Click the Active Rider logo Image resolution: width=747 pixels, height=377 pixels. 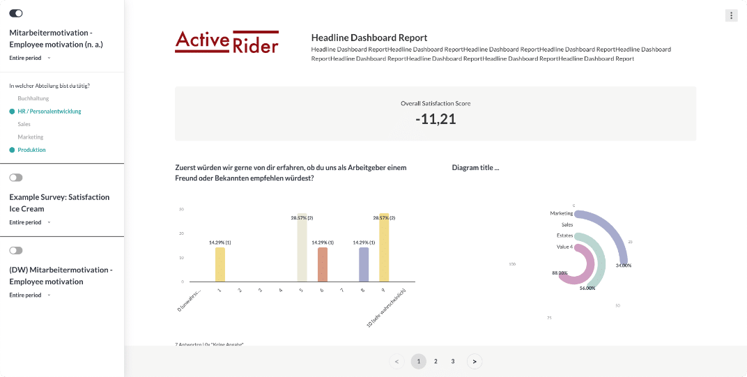tap(226, 42)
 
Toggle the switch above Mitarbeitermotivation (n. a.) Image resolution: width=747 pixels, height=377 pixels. tap(16, 13)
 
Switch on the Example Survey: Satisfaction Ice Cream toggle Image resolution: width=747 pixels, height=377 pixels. tap(16, 178)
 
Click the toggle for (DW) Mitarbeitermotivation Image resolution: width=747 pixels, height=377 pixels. tap(16, 250)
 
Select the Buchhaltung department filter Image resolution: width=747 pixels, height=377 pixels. tap(33, 98)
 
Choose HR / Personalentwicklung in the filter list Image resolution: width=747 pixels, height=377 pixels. tap(49, 111)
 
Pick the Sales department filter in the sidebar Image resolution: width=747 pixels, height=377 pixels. tap(24, 124)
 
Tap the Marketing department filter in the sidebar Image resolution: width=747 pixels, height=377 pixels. tap(31, 137)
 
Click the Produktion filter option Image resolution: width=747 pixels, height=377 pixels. tap(32, 150)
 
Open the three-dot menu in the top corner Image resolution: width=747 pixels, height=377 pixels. tap(731, 15)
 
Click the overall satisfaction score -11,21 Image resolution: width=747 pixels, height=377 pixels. tap(436, 119)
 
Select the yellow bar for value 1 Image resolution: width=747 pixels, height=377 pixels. tap(220, 264)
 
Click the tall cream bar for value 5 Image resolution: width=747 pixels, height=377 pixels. tap(302, 247)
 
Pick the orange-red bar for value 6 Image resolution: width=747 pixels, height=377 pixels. tap(323, 264)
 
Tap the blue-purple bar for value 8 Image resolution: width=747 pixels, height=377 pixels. tap(364, 264)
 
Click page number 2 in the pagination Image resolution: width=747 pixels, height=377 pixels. tap(436, 361)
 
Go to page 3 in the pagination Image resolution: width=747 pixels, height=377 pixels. tap(453, 361)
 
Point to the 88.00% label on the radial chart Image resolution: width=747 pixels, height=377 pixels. tap(560, 272)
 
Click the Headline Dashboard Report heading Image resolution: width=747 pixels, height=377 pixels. tap(369, 38)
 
